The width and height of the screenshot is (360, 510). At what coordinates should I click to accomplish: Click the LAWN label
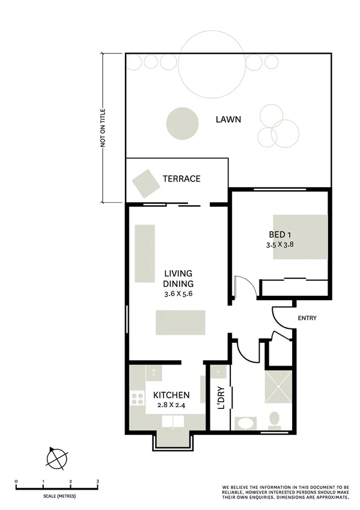point(228,119)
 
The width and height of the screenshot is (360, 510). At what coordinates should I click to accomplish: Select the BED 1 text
point(280,235)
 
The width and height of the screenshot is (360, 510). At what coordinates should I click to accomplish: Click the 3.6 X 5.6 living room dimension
point(178,294)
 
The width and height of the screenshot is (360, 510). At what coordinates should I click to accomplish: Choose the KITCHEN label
point(171,395)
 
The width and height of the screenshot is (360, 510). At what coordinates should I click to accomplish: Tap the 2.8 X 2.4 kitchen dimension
point(171,405)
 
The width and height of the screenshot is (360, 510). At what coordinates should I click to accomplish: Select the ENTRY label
point(307,318)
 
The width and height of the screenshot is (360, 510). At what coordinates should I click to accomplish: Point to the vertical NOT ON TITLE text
point(103,127)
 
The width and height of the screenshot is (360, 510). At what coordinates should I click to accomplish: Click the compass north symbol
point(56,458)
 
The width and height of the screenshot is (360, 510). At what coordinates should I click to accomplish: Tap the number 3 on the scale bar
point(97,482)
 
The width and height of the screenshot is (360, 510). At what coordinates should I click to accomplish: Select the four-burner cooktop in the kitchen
point(137,398)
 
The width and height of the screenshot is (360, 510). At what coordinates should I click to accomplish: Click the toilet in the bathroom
point(275,419)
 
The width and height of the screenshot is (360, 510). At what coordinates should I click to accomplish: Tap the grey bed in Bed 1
point(301,237)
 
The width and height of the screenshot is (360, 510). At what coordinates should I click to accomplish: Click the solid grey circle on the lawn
point(182,122)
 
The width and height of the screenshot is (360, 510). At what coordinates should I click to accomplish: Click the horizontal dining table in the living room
point(180,322)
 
